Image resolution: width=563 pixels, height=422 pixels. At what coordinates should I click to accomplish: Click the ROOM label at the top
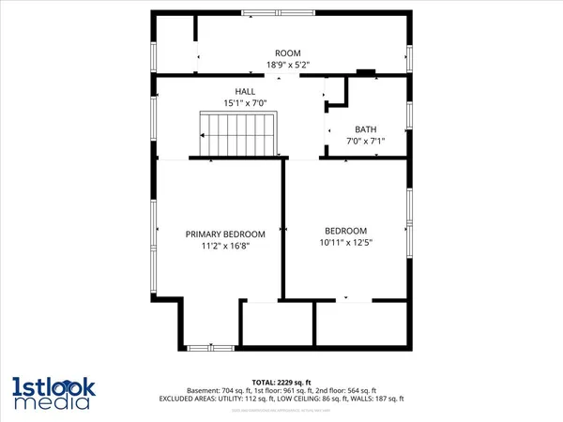[x=286, y=53]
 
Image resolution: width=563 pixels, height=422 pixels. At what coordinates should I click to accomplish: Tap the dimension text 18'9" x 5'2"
[x=286, y=65]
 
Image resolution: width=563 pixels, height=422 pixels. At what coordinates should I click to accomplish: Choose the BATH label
[x=365, y=129]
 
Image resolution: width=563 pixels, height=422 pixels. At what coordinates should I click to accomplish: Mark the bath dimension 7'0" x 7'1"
[x=365, y=142]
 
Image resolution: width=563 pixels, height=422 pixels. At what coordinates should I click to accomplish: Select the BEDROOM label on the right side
[x=345, y=231]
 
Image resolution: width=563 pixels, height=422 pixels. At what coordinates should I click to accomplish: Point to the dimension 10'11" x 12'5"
[x=345, y=243]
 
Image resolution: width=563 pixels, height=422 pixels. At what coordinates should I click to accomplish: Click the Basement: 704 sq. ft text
[x=236, y=390]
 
